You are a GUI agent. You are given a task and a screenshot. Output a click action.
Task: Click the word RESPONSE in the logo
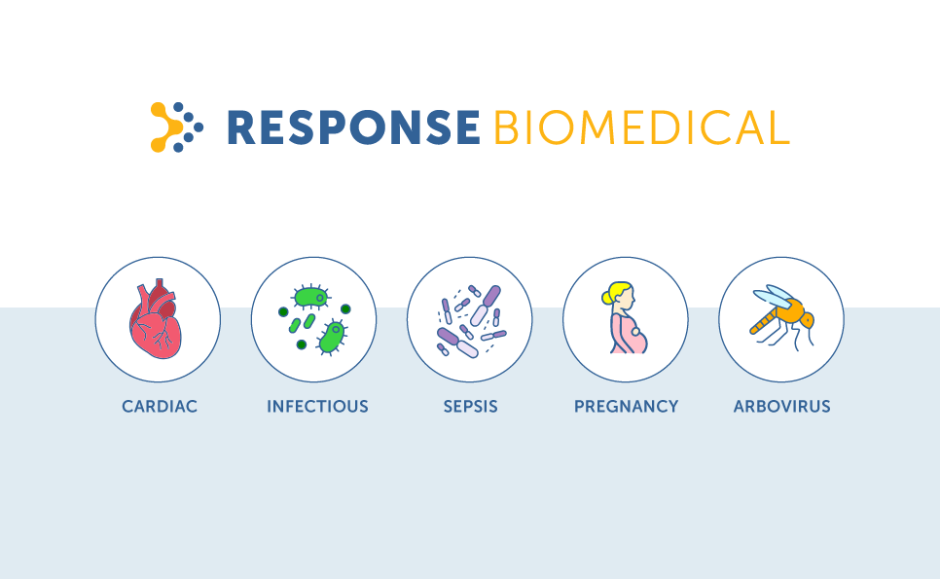(353, 127)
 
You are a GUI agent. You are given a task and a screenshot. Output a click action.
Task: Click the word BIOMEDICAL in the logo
(641, 127)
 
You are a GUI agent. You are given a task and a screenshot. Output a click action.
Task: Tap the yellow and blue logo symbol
(176, 127)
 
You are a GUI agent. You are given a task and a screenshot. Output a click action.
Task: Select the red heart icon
(156, 319)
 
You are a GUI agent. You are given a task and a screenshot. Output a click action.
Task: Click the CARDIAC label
(160, 407)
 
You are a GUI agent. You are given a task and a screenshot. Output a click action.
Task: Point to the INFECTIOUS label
(317, 407)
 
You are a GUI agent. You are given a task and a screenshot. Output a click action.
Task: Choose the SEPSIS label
(471, 407)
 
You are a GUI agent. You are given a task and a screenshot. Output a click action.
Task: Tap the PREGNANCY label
(626, 407)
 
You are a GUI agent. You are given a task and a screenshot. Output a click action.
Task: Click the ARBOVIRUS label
(781, 407)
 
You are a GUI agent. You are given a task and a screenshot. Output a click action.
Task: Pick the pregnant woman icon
(626, 318)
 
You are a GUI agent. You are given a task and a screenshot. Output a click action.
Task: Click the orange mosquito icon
(782, 317)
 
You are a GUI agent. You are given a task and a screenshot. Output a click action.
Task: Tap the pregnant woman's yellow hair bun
(606, 297)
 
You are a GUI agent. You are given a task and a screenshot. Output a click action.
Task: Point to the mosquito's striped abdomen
(763, 322)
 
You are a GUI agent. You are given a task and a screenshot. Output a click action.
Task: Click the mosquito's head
(808, 320)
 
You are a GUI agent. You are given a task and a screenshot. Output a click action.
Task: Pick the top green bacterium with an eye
(311, 298)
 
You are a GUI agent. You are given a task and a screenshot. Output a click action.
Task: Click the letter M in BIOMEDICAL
(601, 127)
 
